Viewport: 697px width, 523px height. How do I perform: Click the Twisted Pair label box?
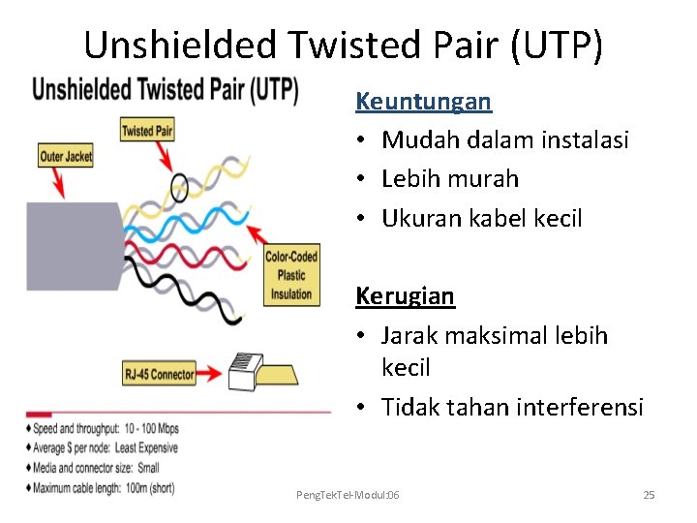pyautogui.click(x=147, y=130)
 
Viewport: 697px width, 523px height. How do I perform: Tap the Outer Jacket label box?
pyautogui.click(x=66, y=156)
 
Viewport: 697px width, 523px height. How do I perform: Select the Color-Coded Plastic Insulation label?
pyautogui.click(x=291, y=275)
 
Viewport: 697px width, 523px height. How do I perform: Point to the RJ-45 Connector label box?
pyautogui.click(x=159, y=373)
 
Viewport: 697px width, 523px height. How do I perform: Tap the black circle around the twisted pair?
pyautogui.click(x=180, y=186)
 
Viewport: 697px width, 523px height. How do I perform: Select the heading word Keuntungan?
pyautogui.click(x=423, y=101)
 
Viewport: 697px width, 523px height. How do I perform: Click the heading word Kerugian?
pyautogui.click(x=405, y=295)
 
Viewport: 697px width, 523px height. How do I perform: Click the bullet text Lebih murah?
pyautogui.click(x=450, y=179)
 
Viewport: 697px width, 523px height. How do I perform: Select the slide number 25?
pyautogui.click(x=649, y=495)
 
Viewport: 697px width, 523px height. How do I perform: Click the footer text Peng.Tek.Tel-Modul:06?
pyautogui.click(x=348, y=495)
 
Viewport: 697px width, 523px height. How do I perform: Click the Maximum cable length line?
pyautogui.click(x=104, y=488)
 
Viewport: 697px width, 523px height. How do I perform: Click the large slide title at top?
pyautogui.click(x=344, y=45)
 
